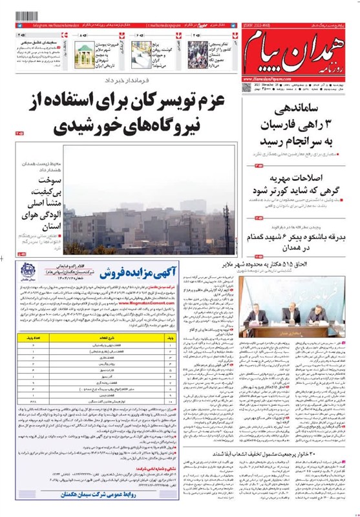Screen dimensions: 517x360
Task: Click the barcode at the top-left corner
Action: click(x=17, y=14)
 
